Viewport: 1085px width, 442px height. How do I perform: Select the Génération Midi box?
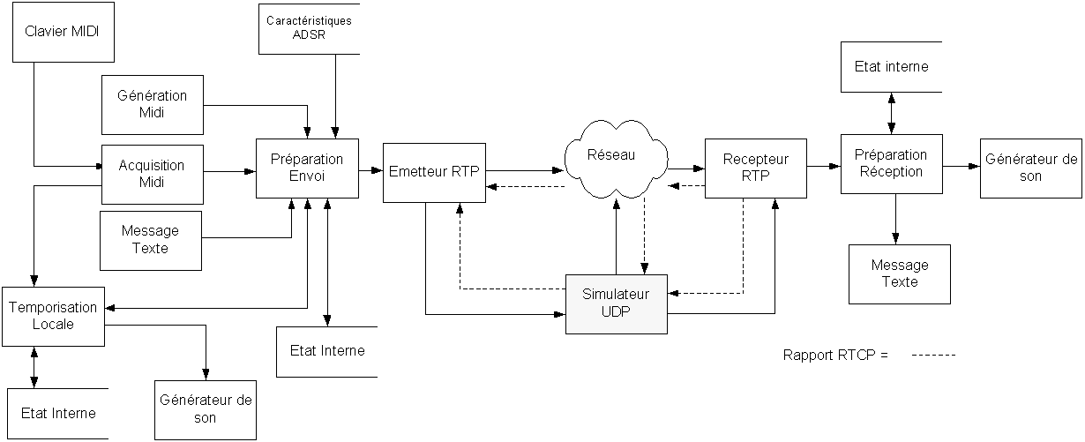tap(152, 103)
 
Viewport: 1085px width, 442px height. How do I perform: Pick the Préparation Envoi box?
tap(307, 168)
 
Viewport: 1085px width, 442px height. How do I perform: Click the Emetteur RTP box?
tap(434, 172)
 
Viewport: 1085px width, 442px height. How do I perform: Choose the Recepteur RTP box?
tap(756, 168)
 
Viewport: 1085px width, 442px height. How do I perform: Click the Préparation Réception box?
tap(891, 164)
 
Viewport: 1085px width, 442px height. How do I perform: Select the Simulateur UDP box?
tap(616, 303)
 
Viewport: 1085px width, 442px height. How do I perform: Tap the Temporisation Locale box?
tap(53, 316)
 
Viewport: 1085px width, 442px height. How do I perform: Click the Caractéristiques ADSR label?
tap(309, 27)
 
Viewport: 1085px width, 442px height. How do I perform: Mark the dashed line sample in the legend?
tap(933, 356)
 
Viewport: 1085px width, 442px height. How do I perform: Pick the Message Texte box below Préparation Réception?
tap(900, 273)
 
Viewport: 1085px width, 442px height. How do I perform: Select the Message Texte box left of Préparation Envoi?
tap(150, 239)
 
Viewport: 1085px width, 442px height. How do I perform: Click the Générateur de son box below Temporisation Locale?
tap(205, 408)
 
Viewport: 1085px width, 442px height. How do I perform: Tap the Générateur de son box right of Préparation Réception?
tap(1031, 168)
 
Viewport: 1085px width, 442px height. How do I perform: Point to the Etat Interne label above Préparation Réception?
tap(891, 67)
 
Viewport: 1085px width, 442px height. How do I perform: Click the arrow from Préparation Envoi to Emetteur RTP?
tap(371, 170)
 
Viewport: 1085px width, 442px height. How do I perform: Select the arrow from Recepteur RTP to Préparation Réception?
tap(823, 165)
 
